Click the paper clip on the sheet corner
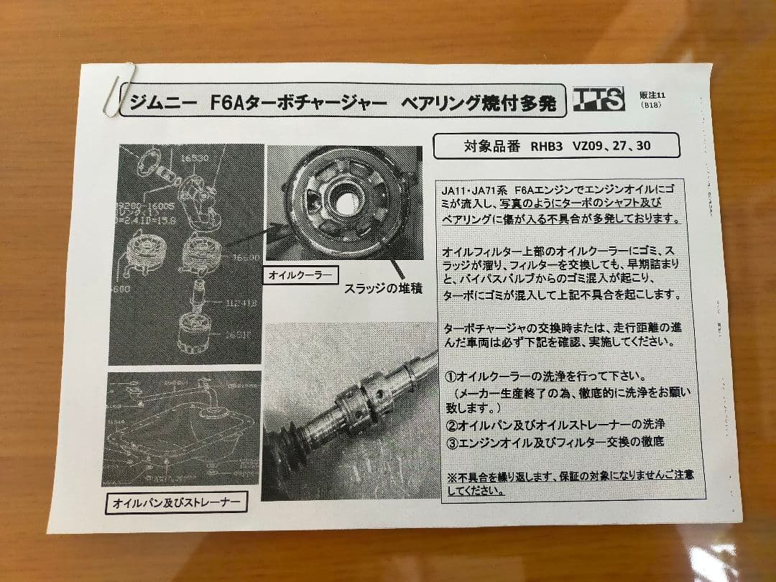coord(117,88)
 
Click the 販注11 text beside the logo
coord(652,94)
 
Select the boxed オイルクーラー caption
coord(300,274)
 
